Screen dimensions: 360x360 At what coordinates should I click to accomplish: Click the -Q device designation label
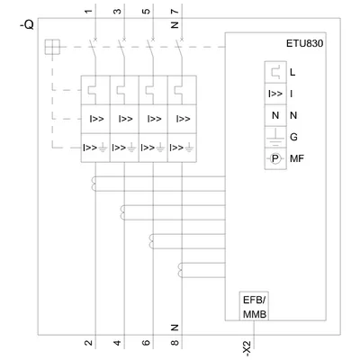pyautogui.click(x=27, y=25)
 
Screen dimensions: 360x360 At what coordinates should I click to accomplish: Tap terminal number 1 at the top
pyautogui.click(x=88, y=12)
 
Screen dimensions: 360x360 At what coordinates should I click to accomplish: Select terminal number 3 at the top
pyautogui.click(x=117, y=12)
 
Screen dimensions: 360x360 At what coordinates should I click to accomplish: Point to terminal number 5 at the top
pyautogui.click(x=146, y=12)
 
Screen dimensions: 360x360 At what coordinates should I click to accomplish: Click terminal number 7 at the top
pyautogui.click(x=175, y=12)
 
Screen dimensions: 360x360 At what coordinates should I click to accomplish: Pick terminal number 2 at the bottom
pyautogui.click(x=88, y=342)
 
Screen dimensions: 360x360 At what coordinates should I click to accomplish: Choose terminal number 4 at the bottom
pyautogui.click(x=117, y=342)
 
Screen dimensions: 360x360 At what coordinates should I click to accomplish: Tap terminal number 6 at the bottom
pyautogui.click(x=146, y=342)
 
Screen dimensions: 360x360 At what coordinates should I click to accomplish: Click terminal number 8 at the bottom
pyautogui.click(x=175, y=342)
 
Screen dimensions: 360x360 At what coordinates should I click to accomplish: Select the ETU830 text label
pyautogui.click(x=304, y=43)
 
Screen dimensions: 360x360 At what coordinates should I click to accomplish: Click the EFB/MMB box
pyautogui.click(x=254, y=306)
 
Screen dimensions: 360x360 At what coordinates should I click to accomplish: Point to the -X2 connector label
pyautogui.click(x=247, y=349)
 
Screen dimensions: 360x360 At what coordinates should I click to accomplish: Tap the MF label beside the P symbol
pyautogui.click(x=297, y=158)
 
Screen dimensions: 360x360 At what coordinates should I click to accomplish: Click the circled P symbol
pyautogui.click(x=275, y=158)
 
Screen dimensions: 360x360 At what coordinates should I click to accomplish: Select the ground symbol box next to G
pyautogui.click(x=275, y=137)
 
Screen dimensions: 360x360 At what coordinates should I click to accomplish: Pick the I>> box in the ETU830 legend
pyautogui.click(x=275, y=94)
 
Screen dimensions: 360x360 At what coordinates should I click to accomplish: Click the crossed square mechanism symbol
pyautogui.click(x=52, y=47)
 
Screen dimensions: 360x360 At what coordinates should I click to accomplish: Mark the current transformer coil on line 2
pyautogui.click(x=94, y=184)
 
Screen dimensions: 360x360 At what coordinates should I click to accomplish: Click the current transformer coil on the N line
pyautogui.click(x=180, y=270)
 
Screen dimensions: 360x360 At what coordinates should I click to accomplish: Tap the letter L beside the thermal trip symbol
pyautogui.click(x=292, y=72)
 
